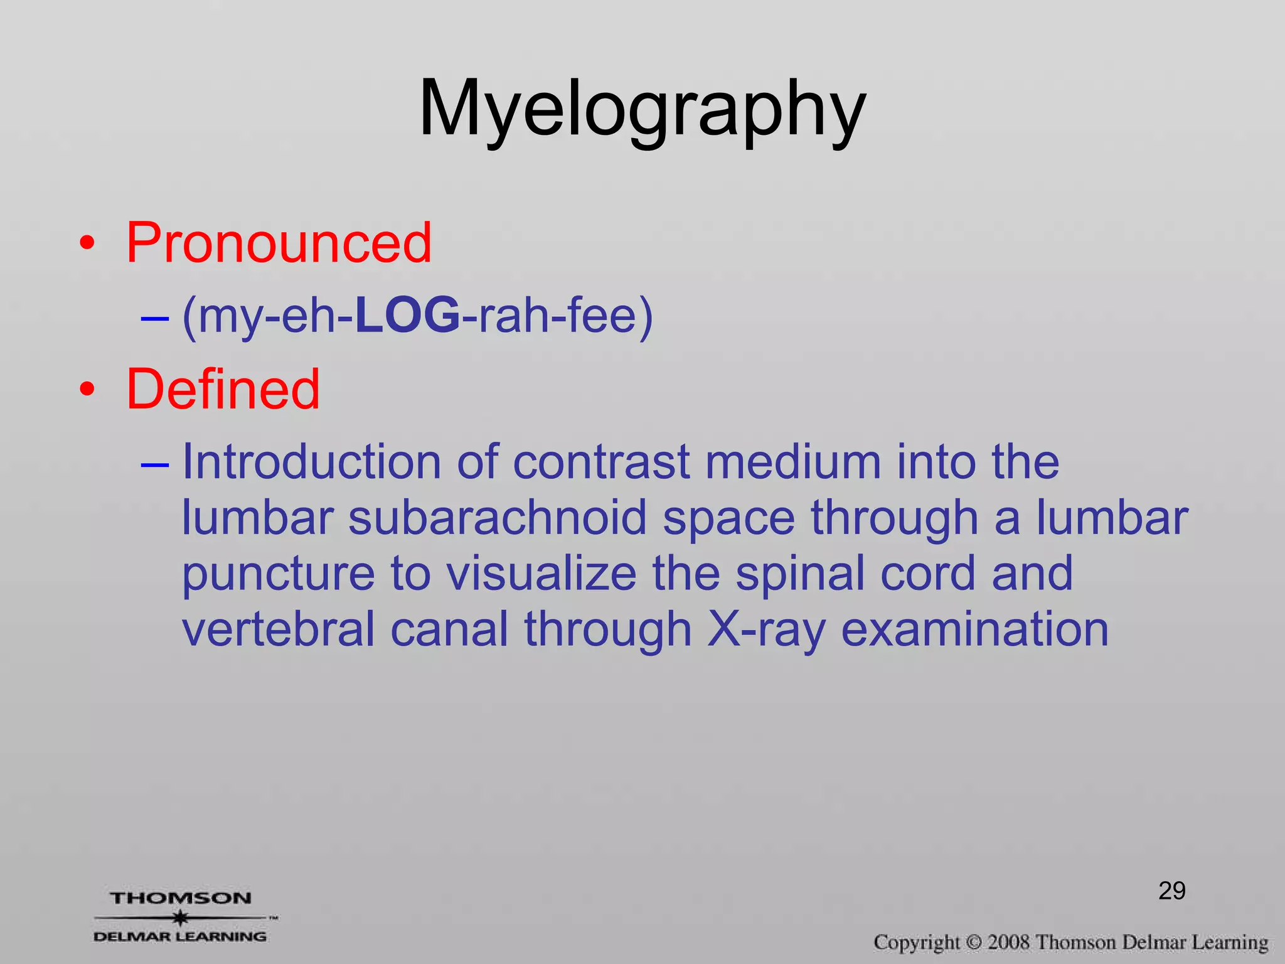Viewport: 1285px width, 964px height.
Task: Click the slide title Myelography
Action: [x=642, y=110]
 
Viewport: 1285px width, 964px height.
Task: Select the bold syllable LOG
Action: [x=407, y=315]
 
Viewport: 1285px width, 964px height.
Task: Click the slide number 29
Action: [x=1171, y=891]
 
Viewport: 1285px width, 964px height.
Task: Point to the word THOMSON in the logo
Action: [x=181, y=898]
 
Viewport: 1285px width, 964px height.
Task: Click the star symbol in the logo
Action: [x=181, y=918]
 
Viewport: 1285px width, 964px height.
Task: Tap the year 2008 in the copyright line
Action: [x=1009, y=942]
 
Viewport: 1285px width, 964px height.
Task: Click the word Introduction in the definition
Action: [x=311, y=462]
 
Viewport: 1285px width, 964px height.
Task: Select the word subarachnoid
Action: [x=497, y=518]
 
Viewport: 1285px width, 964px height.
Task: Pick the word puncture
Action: [x=279, y=574]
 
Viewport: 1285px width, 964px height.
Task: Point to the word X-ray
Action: [x=766, y=629]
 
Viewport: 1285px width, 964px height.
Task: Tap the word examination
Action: [x=974, y=629]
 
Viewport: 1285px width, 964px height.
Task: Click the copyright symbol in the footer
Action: [x=973, y=943]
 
